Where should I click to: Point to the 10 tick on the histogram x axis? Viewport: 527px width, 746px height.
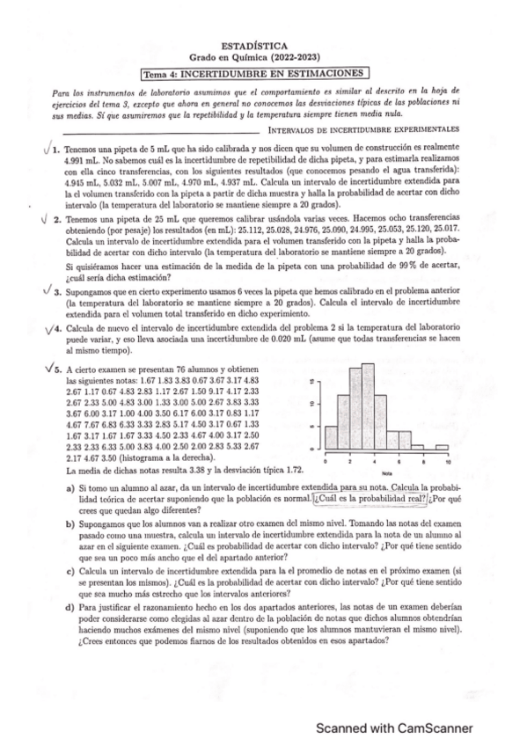(448, 462)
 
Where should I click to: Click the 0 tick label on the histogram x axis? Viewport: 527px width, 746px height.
(326, 462)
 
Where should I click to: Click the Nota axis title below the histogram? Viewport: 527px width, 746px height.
(386, 472)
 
